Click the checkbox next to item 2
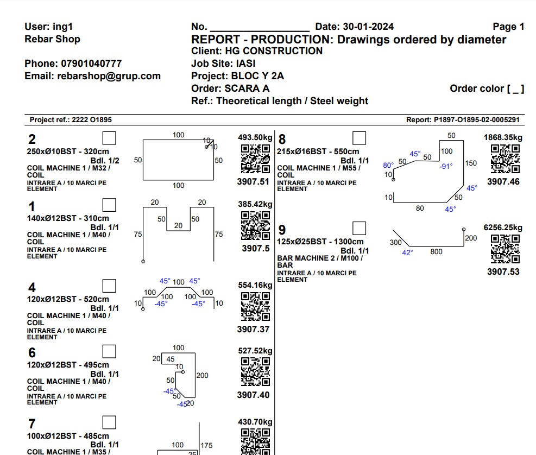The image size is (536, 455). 109,138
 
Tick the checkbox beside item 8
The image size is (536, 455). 360,138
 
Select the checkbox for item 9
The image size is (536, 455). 360,228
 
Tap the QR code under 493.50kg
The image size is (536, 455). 255,159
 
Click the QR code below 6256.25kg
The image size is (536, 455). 505,249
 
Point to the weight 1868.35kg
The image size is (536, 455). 503,138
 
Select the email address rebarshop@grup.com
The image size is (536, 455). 109,76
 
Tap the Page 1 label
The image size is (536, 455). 508,27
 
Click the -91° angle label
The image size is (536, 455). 446,166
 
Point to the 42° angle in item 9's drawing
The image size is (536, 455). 407,252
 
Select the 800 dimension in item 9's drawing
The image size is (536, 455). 436,252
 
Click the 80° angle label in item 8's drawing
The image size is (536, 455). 388,165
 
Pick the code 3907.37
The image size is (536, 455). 253,329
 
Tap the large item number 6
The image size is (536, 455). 32,353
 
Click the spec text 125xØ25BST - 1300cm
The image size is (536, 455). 320,242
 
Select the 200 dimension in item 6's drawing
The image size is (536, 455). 202,375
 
